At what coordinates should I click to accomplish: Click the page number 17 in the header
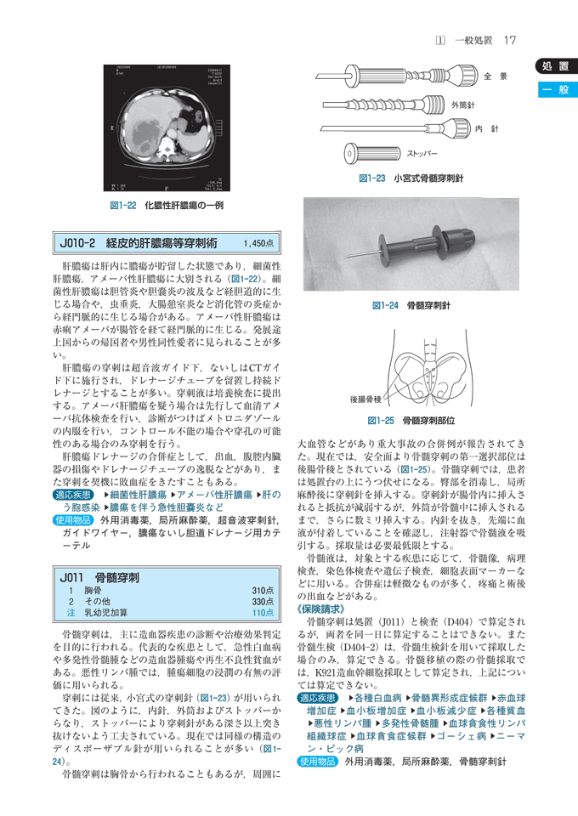coord(510,40)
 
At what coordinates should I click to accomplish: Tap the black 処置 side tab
coord(554,67)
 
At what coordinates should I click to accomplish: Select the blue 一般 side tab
coord(554,91)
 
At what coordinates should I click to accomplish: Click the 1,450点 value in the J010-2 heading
coord(258,243)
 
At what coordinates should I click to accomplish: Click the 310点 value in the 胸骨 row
coord(263,590)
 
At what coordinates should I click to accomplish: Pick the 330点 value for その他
coord(263,601)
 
